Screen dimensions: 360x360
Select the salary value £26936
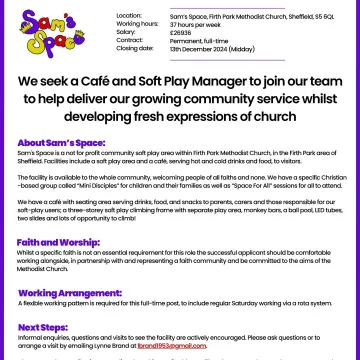click(x=181, y=32)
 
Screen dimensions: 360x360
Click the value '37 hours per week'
click(x=192, y=24)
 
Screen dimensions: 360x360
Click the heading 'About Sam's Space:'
click(x=57, y=144)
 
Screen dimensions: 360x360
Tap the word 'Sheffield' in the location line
click(x=292, y=16)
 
